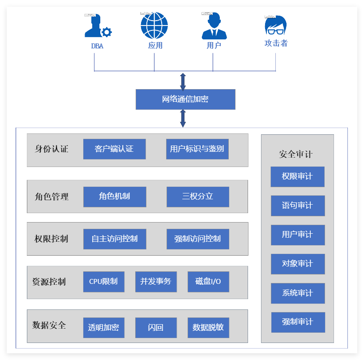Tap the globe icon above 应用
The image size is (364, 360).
154,26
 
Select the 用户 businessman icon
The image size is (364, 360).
214,26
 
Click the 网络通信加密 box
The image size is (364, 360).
185,99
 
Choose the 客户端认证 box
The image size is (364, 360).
114,149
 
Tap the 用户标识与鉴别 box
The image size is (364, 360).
197,149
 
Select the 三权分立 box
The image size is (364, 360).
197,197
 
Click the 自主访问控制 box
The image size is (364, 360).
114,239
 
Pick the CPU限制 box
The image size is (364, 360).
103,282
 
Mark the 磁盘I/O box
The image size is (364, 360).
208,282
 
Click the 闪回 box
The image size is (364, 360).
156,328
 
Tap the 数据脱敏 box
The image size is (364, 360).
208,328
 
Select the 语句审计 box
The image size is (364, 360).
297,206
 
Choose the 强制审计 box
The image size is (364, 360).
298,322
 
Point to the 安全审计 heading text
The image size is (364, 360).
295,154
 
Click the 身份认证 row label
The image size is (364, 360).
51,149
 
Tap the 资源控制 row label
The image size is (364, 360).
49,282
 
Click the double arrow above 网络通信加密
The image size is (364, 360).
183,81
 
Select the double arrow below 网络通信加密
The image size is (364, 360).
183,118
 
